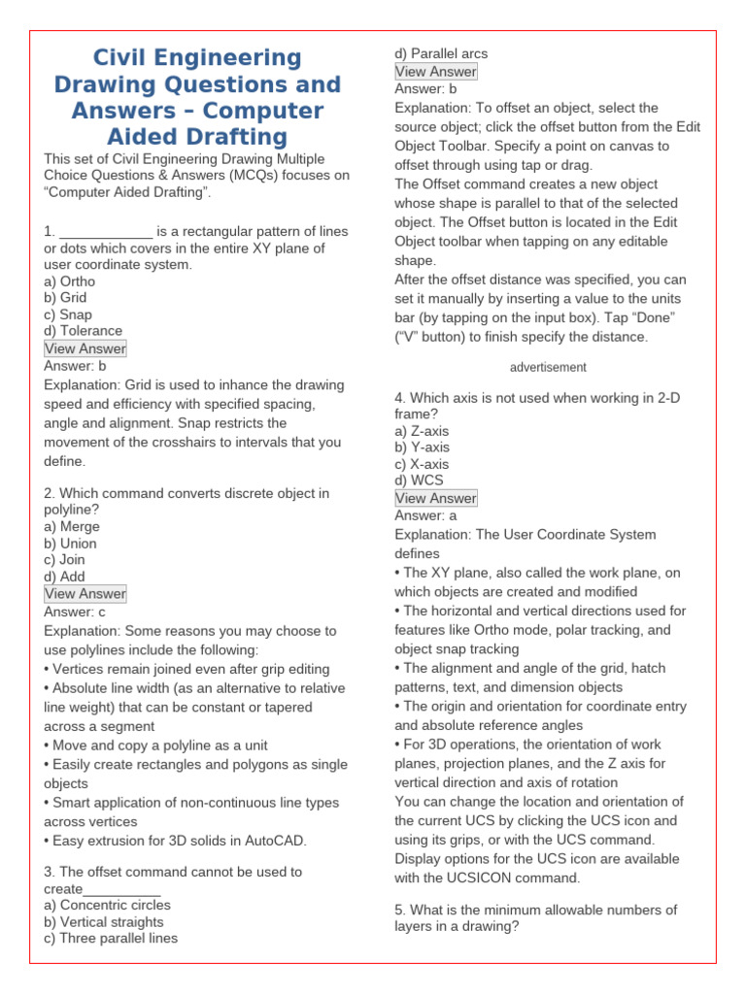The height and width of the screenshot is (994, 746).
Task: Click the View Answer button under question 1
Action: (x=85, y=348)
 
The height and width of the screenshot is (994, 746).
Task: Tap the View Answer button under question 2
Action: (x=85, y=594)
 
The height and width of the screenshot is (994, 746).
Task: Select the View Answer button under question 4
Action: (x=435, y=498)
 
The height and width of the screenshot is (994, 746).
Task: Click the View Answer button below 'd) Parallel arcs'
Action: (x=435, y=71)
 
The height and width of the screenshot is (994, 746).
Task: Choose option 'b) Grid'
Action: (x=65, y=298)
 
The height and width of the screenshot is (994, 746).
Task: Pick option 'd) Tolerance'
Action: (x=83, y=331)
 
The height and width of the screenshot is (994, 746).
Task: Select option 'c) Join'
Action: (x=64, y=559)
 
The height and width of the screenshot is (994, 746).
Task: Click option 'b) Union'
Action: (x=70, y=543)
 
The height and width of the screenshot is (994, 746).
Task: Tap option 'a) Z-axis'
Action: (x=422, y=431)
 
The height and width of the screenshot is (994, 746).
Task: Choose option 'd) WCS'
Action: (x=419, y=480)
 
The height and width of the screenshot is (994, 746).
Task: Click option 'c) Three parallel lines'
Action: (x=111, y=938)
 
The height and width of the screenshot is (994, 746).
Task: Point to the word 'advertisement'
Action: (x=548, y=368)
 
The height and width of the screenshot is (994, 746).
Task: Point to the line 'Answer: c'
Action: (x=75, y=612)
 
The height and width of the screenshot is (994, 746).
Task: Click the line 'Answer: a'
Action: (x=425, y=515)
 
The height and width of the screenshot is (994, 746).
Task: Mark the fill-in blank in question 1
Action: (x=106, y=231)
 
